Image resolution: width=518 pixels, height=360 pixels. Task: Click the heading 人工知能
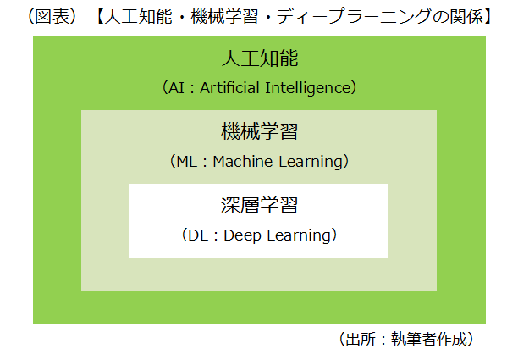(259, 59)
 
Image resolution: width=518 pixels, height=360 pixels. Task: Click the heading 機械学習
(259, 132)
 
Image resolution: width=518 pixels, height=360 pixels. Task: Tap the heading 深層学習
(259, 206)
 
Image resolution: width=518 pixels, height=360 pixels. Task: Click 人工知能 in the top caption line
(132, 16)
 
